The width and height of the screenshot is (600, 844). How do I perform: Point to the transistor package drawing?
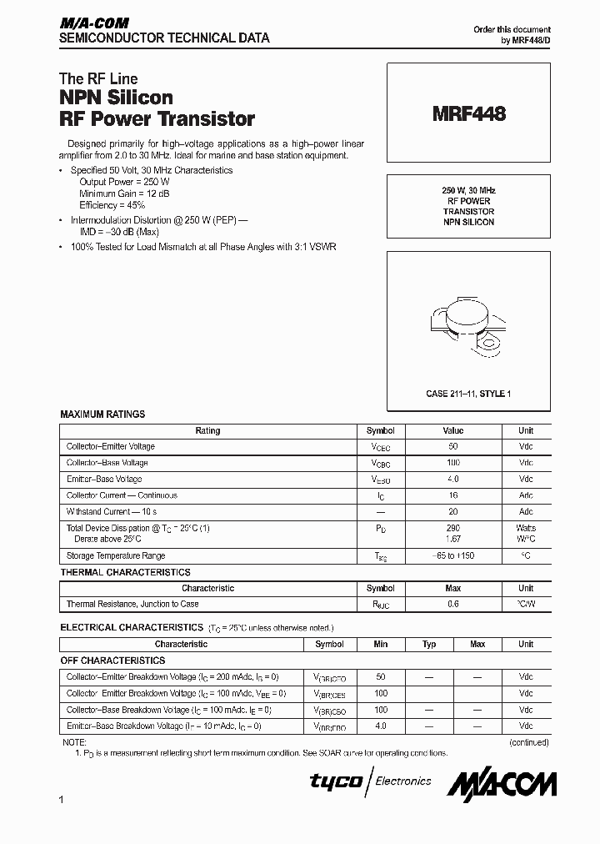click(469, 325)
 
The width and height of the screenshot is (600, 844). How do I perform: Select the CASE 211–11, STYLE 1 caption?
click(468, 393)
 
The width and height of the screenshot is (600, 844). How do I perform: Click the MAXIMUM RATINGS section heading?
click(102, 414)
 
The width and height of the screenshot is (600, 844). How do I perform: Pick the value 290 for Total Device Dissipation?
click(452, 528)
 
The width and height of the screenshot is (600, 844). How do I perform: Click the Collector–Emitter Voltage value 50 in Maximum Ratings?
click(452, 447)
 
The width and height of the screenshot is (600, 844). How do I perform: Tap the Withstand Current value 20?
click(452, 511)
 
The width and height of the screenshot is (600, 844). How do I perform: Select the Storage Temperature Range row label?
click(116, 555)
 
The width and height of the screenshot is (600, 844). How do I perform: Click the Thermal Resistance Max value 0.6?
click(452, 604)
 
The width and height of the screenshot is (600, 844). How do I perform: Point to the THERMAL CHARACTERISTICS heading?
click(125, 572)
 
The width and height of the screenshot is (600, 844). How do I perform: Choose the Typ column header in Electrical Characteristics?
click(429, 644)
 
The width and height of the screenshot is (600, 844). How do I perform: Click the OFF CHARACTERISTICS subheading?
click(112, 660)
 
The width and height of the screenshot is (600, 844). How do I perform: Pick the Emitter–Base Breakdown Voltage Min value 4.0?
click(381, 726)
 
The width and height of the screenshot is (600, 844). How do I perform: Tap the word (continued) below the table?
click(528, 741)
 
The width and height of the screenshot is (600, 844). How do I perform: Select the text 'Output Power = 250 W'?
click(124, 181)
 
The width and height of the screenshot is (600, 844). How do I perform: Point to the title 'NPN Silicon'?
click(116, 98)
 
